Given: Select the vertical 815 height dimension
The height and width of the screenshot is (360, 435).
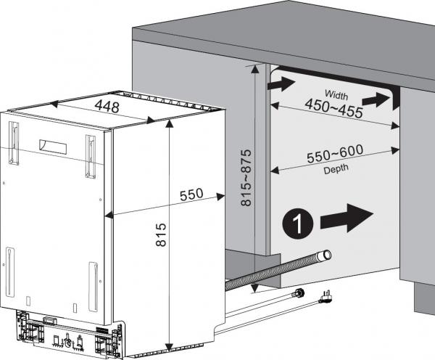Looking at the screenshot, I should (161, 237).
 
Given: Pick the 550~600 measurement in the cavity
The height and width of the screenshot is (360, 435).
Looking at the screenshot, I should (333, 156).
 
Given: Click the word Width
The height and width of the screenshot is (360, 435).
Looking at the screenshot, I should (336, 94).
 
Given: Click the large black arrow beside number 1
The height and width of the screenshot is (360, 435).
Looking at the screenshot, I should (349, 218).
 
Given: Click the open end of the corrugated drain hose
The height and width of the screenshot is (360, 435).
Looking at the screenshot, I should (326, 255).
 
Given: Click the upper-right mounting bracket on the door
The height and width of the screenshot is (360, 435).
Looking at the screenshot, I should (90, 155).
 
